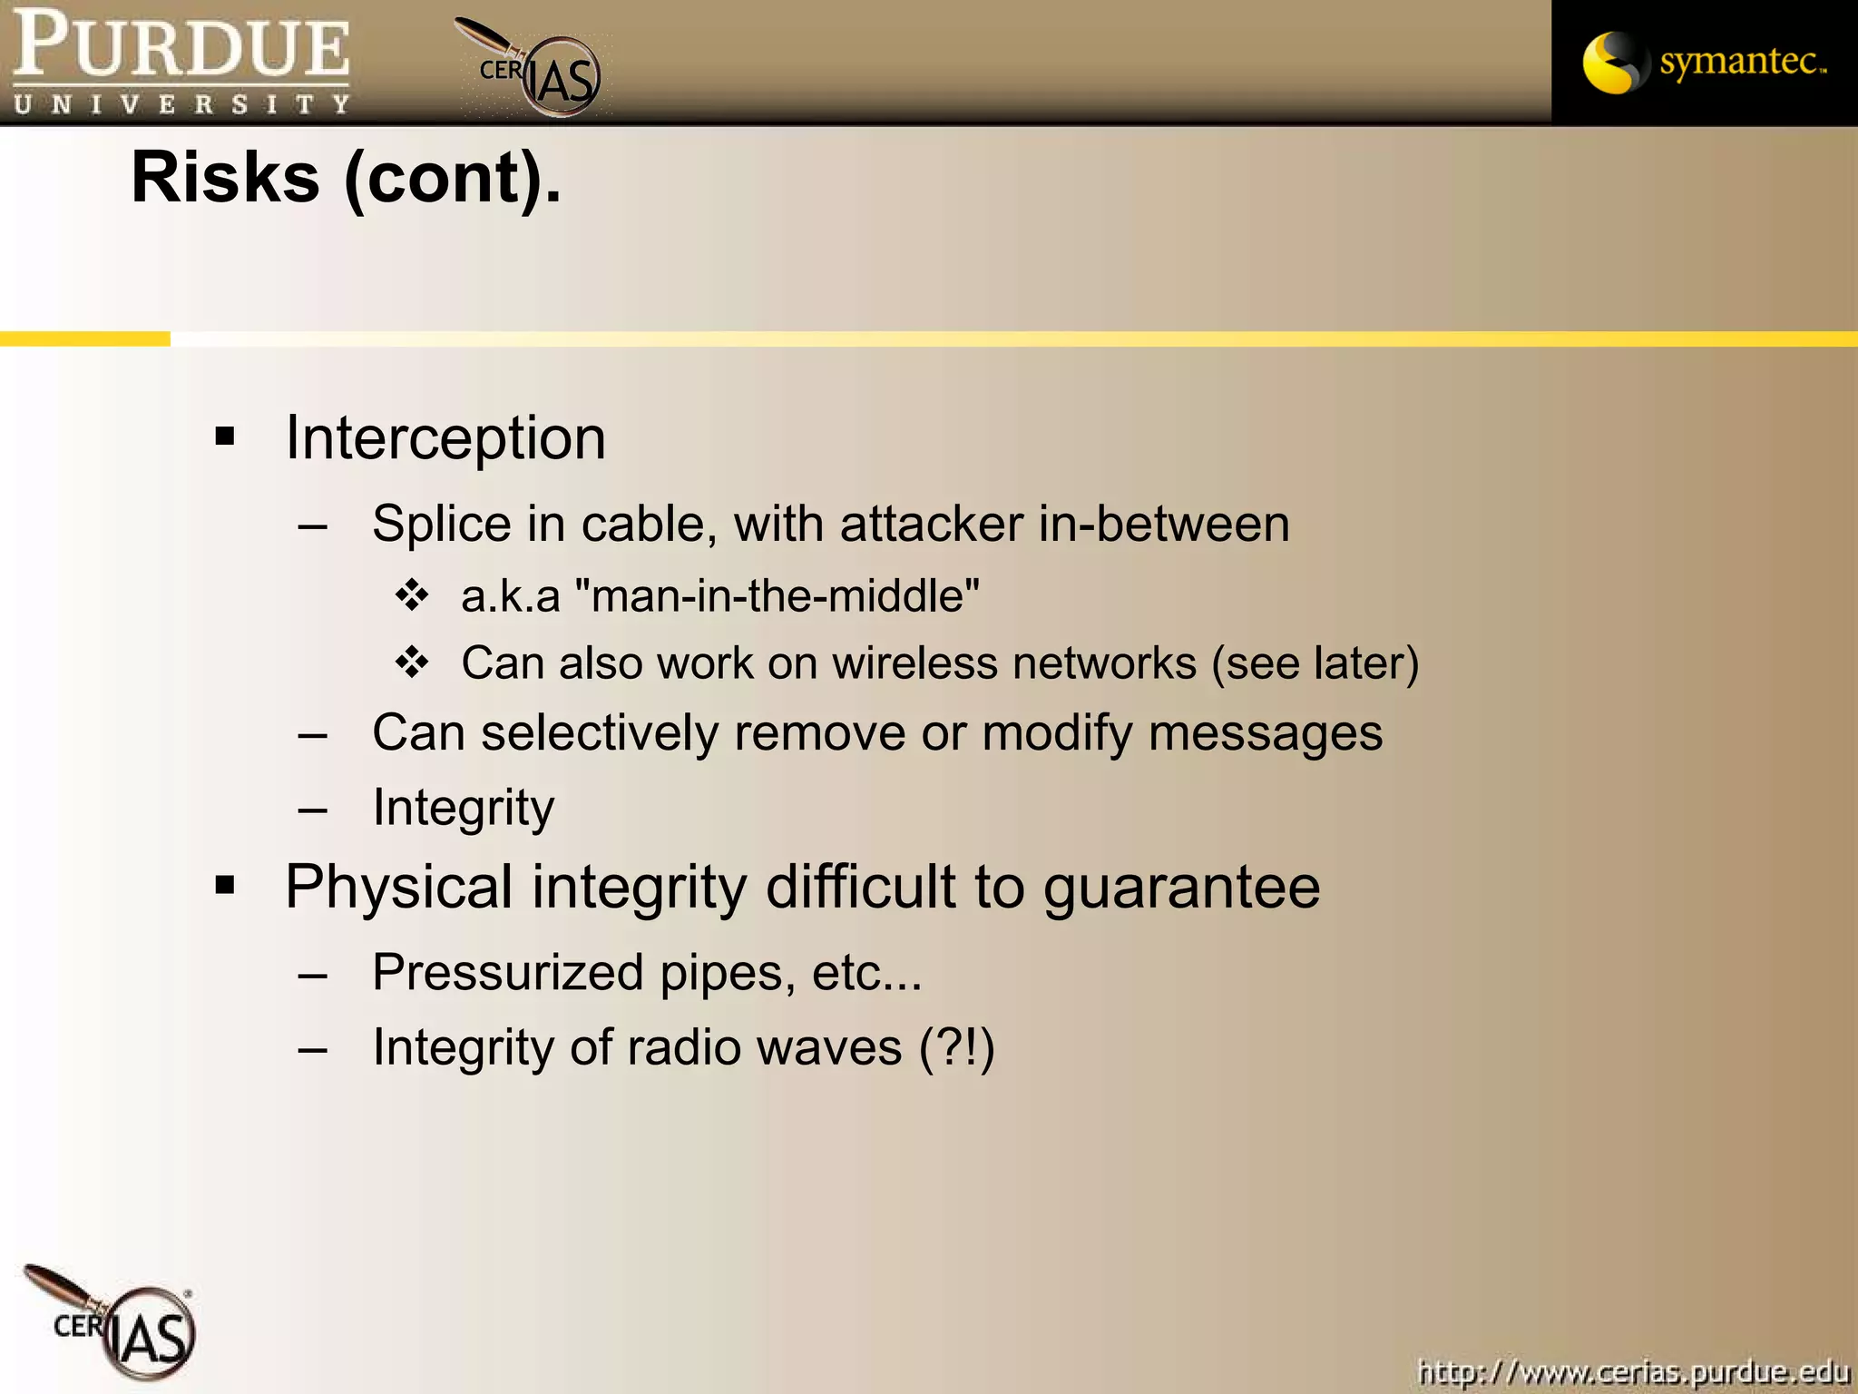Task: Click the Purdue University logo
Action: tap(181, 62)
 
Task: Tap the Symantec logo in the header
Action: tap(1704, 62)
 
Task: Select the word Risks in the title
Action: tap(225, 177)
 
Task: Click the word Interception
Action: tap(445, 438)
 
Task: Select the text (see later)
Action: tap(1315, 663)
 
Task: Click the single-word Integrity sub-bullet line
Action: tap(464, 807)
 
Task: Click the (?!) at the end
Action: tap(956, 1047)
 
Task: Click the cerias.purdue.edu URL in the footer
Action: tap(1633, 1370)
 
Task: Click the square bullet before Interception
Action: tap(225, 437)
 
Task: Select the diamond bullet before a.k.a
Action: tap(412, 595)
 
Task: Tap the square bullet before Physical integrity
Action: tap(225, 885)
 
